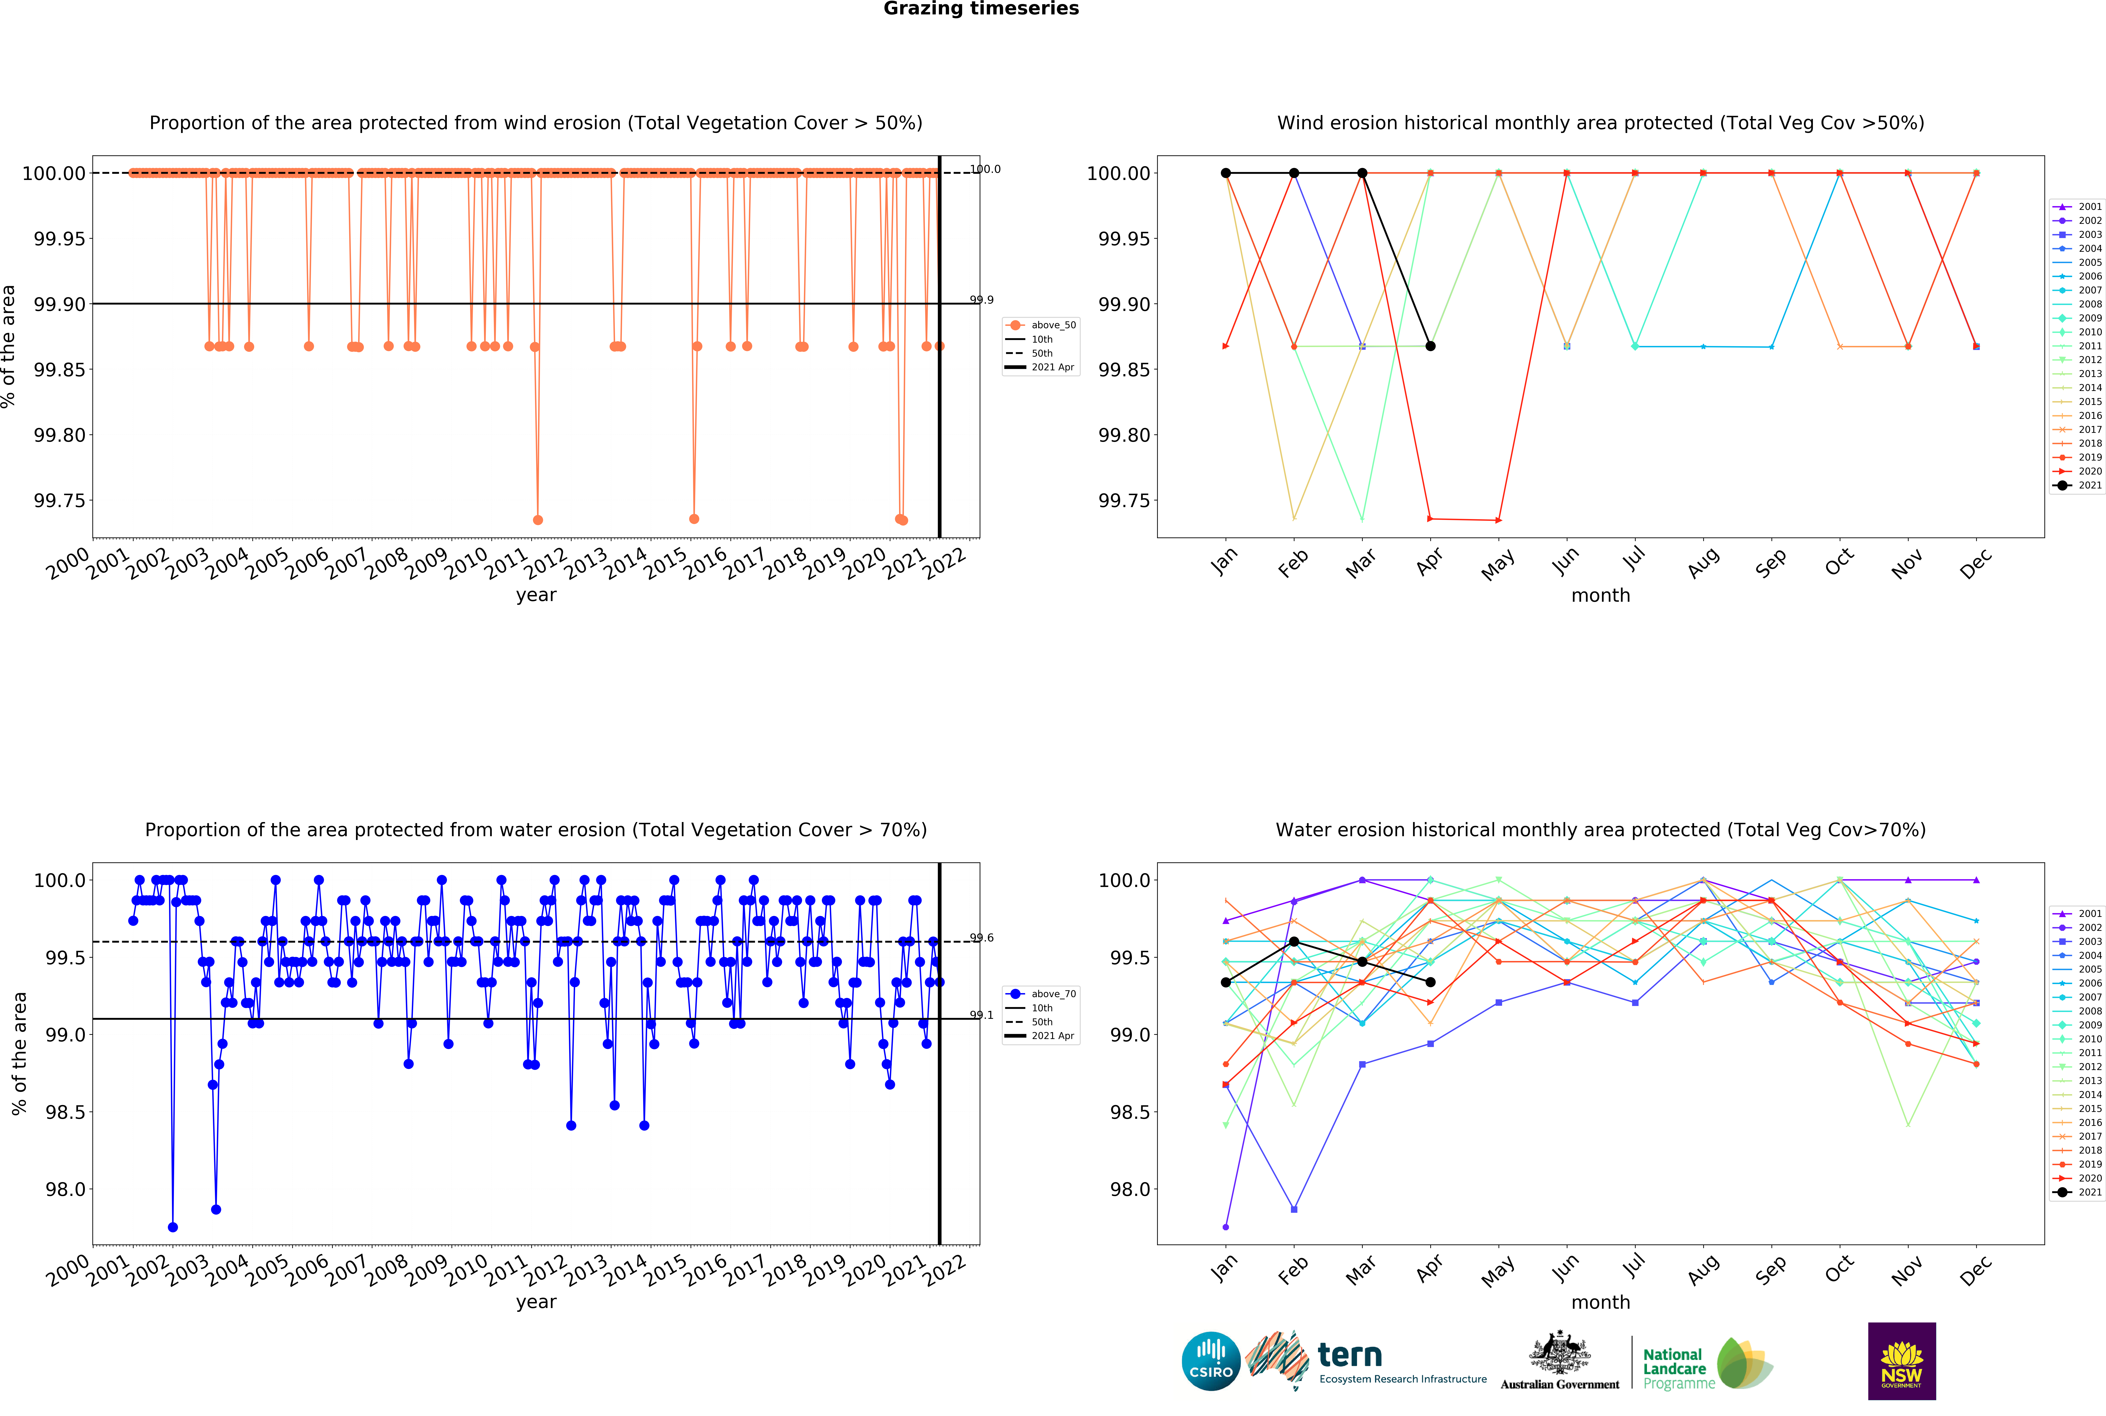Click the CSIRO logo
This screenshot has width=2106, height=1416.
coord(1211,1361)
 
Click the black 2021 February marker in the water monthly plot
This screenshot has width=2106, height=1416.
coord(1294,942)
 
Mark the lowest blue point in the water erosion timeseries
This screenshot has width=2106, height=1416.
coord(172,1227)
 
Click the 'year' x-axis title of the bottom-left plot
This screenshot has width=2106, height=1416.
coord(536,1302)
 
